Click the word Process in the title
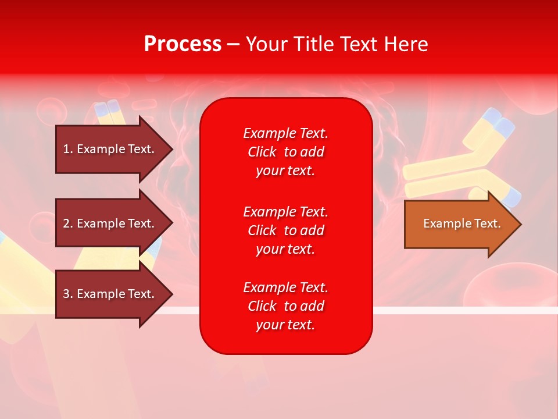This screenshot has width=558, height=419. point(183,44)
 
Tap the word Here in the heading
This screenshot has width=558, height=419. point(405,44)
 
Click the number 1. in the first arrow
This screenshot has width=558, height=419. point(68,149)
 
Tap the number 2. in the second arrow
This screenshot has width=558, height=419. point(68,223)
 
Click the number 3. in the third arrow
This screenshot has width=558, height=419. point(68,294)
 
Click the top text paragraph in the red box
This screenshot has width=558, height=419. point(285,152)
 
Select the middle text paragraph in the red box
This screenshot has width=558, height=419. point(285,230)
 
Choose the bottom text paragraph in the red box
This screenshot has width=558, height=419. point(285,306)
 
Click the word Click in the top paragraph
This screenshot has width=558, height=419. point(262,152)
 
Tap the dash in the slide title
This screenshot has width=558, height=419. point(234,44)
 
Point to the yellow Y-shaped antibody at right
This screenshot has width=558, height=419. point(453,169)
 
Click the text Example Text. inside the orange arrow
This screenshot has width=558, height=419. point(462,223)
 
